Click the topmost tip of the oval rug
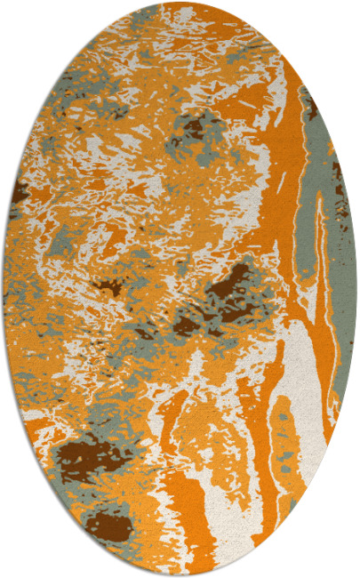(x=180, y=3)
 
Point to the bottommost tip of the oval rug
(x=180, y=575)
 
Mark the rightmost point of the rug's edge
(x=356, y=289)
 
